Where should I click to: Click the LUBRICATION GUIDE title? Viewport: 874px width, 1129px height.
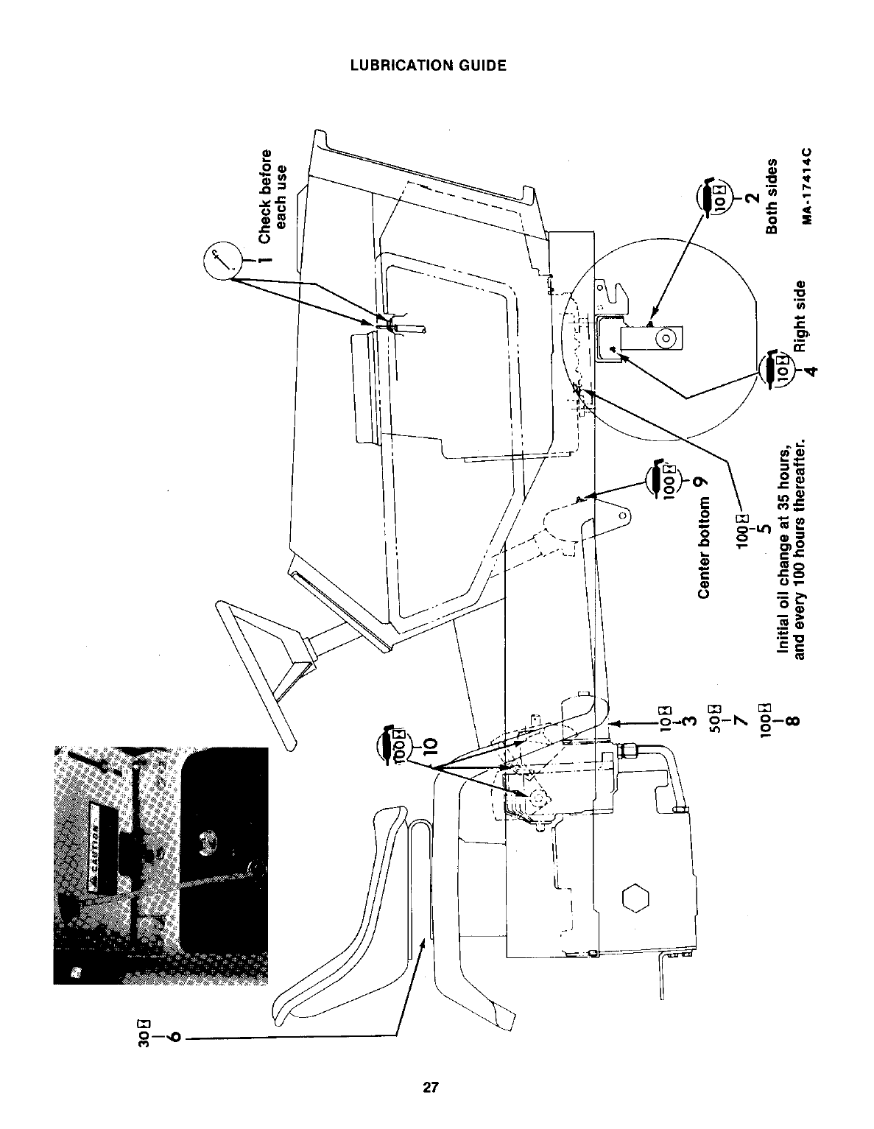pyautogui.click(x=428, y=65)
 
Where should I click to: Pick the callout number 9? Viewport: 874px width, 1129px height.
pyautogui.click(x=703, y=481)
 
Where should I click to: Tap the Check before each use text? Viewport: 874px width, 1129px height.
pyautogui.click(x=272, y=195)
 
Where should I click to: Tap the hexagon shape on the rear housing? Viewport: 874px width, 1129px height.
pyautogui.click(x=635, y=898)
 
